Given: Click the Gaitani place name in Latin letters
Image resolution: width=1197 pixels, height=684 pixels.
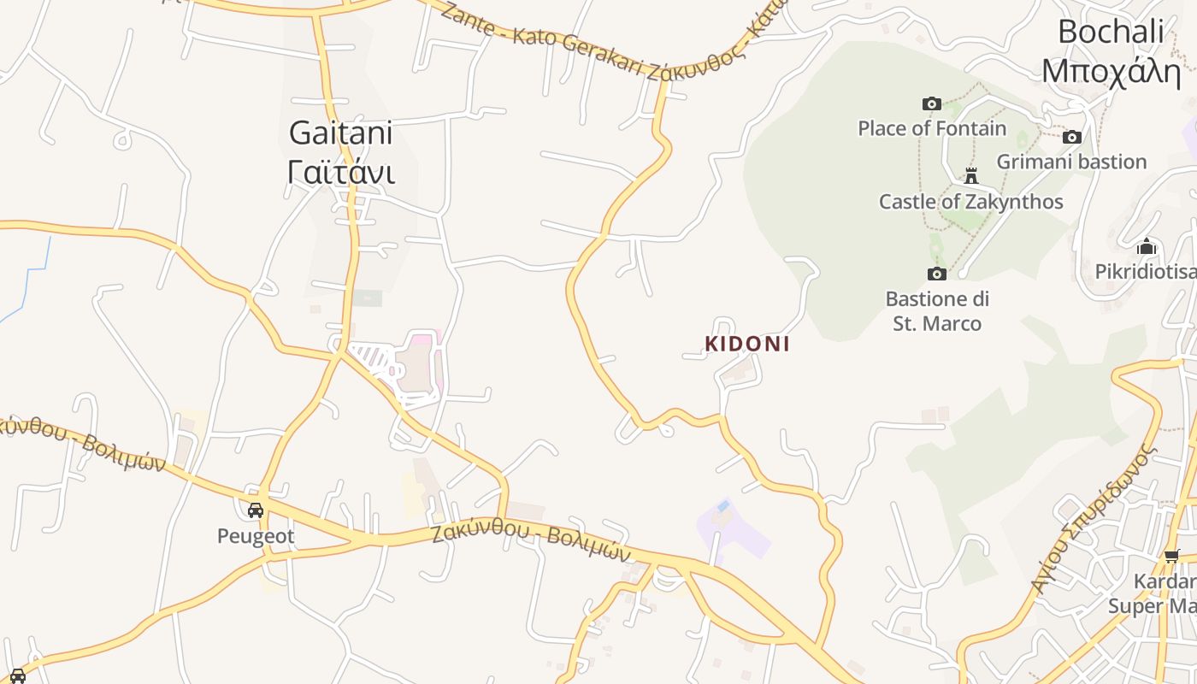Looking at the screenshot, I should [x=340, y=133].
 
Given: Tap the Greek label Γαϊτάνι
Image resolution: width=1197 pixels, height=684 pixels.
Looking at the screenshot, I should [x=340, y=172].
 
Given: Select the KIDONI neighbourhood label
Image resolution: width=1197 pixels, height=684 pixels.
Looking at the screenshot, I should [x=746, y=344].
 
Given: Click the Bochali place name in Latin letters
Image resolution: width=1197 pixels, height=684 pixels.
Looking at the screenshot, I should [x=1111, y=32].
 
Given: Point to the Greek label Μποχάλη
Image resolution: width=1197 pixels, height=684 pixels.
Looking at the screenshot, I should [x=1111, y=70].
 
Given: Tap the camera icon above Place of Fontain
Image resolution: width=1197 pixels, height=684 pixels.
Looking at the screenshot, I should [x=932, y=104].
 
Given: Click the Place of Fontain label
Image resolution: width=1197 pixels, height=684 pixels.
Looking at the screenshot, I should [x=932, y=128].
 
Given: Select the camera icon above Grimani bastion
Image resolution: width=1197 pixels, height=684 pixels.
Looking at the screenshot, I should [x=1072, y=137].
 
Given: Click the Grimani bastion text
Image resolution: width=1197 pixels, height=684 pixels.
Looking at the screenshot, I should [x=1071, y=162].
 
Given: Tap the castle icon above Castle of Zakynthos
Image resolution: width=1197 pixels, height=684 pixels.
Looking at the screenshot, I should [x=971, y=176].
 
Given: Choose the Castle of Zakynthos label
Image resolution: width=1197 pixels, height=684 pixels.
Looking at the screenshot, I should [x=971, y=202].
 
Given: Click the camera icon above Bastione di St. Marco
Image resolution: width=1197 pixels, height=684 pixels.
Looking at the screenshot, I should [x=937, y=274].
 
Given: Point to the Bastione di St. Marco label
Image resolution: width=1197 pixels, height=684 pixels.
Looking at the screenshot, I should [x=937, y=311].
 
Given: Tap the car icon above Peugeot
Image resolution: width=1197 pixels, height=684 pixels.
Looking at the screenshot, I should [x=255, y=510].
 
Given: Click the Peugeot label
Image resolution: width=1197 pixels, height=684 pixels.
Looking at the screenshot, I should [x=255, y=536].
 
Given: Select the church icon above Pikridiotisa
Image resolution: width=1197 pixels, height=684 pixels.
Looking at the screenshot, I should [x=1147, y=247].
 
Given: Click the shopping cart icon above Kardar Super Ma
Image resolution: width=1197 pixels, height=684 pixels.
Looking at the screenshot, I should [x=1172, y=557].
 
